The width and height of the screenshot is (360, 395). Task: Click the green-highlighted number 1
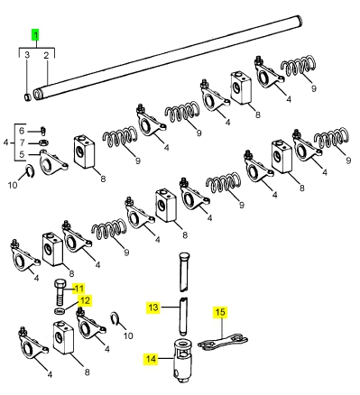tap(36, 35)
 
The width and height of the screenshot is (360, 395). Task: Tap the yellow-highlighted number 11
tap(78, 289)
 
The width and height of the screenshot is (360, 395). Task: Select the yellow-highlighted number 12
tap(85, 300)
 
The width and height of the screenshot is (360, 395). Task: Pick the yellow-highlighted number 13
tap(153, 308)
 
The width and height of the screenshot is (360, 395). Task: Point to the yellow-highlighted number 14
tap(151, 359)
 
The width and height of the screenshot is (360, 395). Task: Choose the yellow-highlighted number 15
tap(220, 312)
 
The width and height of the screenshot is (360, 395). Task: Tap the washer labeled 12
tap(60, 310)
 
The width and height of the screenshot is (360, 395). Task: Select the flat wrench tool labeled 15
tap(223, 343)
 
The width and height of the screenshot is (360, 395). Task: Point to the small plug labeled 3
tap(27, 97)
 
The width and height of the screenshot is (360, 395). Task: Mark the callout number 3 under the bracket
tap(27, 55)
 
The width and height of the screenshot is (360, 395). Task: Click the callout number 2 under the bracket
tap(46, 55)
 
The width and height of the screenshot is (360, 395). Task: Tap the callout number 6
tap(22, 131)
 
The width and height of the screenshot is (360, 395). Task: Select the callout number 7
tap(22, 142)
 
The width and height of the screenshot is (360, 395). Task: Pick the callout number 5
tap(22, 154)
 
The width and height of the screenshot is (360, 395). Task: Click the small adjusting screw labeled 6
tap(43, 131)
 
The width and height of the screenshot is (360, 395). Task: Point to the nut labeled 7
tap(43, 142)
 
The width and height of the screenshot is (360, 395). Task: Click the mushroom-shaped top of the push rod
tap(184, 257)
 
